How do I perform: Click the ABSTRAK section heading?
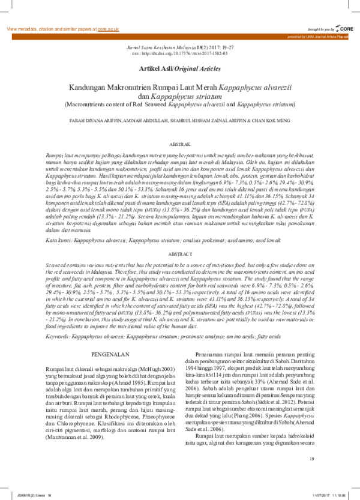[x=179, y=145]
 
